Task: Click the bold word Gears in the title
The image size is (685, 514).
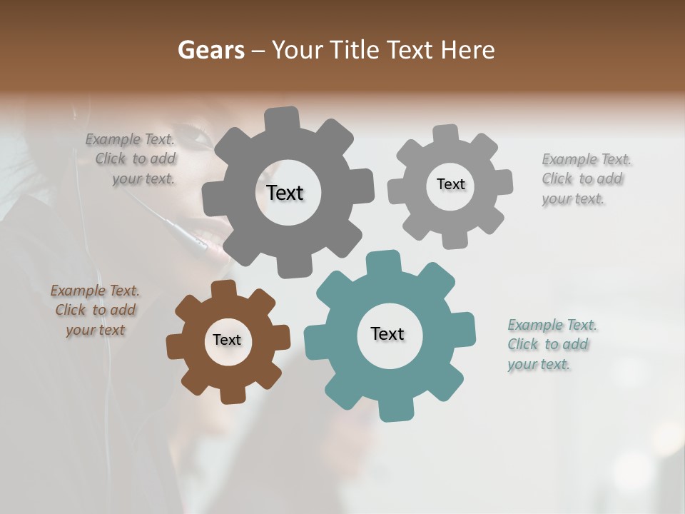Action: pyautogui.click(x=210, y=50)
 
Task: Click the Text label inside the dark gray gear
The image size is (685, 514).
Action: pyautogui.click(x=285, y=193)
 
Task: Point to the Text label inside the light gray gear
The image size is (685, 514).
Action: pyautogui.click(x=450, y=184)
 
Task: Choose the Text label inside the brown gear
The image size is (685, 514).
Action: pyautogui.click(x=227, y=340)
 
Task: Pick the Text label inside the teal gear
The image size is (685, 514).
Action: pyautogui.click(x=387, y=333)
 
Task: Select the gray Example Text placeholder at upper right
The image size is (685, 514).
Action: pyautogui.click(x=585, y=178)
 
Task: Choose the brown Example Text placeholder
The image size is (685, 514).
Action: pyautogui.click(x=96, y=310)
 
